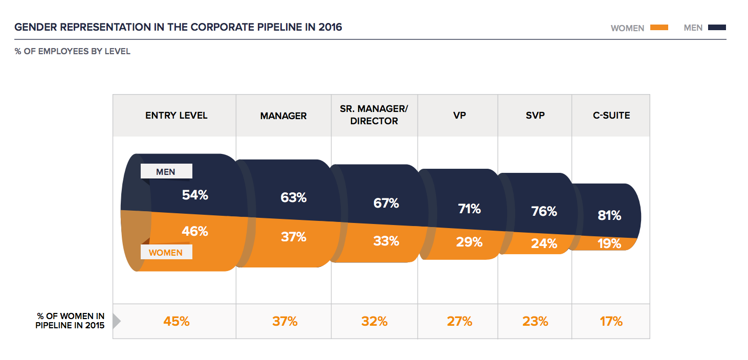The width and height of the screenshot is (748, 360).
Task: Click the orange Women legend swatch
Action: [x=659, y=28]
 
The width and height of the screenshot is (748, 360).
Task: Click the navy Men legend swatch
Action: [x=717, y=28]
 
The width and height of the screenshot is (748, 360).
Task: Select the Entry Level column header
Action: [x=177, y=115]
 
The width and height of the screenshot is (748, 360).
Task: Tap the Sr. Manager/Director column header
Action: [x=374, y=115]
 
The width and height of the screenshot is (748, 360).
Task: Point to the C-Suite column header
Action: [x=611, y=115]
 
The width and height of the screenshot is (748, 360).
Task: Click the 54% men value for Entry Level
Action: [x=195, y=195]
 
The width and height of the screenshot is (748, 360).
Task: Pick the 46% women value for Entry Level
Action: [x=195, y=231]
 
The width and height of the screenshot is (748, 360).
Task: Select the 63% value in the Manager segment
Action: [x=293, y=197]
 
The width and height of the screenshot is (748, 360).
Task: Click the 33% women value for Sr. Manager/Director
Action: [x=386, y=240]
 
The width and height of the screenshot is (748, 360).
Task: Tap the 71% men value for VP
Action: [x=469, y=209]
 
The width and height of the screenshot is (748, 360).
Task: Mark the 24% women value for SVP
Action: [x=544, y=243]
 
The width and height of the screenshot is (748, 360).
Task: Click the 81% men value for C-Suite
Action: [x=609, y=215]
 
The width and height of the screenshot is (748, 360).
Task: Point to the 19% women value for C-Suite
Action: [x=609, y=243]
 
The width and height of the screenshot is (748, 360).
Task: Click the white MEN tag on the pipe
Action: [x=166, y=172]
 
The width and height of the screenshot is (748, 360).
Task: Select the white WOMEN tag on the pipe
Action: [x=166, y=253]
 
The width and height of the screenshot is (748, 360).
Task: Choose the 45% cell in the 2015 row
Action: [x=177, y=321]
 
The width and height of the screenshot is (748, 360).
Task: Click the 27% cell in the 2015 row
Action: [x=459, y=321]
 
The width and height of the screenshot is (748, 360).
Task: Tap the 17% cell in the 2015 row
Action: [x=611, y=321]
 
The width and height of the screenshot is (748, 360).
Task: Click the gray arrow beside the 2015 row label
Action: [x=116, y=321]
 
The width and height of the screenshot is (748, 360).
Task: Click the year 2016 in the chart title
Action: [x=330, y=27]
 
